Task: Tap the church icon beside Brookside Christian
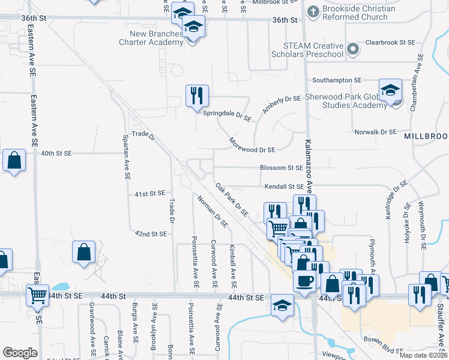point(313,11)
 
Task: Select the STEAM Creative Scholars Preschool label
point(315,50)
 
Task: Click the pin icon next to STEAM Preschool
point(354,49)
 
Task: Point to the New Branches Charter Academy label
point(150,38)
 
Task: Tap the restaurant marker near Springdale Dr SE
point(197,96)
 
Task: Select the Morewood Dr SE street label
point(252,145)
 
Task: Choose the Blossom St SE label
point(281,168)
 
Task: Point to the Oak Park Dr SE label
point(232,200)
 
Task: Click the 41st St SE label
point(149,194)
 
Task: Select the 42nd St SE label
point(151,233)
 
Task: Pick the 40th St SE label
point(56,154)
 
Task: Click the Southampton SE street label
point(336,80)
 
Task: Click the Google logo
point(20,353)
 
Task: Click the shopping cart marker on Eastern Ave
point(38,295)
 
